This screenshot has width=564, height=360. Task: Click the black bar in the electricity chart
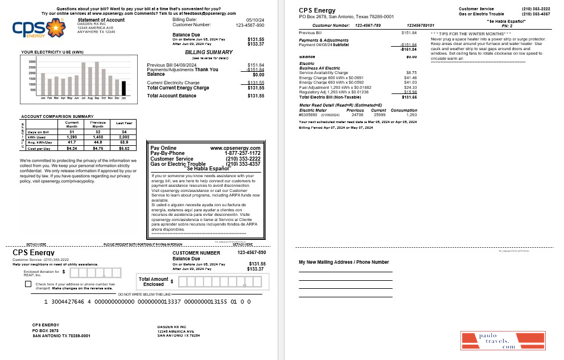point(123,88)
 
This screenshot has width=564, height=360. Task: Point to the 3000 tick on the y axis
point(32,62)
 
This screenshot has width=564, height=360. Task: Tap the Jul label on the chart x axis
point(83,99)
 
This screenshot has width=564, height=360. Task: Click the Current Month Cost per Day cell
point(72,148)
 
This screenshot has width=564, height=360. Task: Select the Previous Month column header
point(98,124)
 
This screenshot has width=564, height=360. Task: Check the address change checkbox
point(28,284)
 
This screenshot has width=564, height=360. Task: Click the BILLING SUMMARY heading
point(209,52)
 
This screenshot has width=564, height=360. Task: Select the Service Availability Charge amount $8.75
point(411,73)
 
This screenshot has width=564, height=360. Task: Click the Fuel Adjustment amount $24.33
point(410,87)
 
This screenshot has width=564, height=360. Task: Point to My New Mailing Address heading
point(344,262)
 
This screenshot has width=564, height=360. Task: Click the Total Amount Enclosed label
point(153,281)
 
